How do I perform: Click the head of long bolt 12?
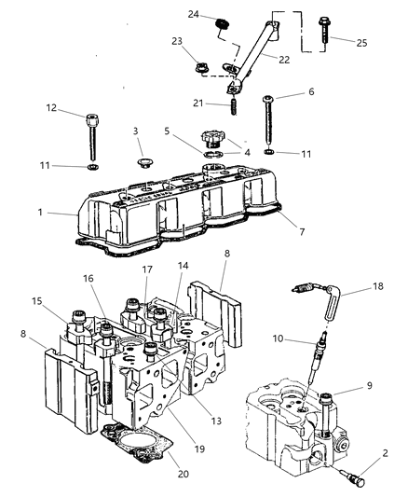click(92, 118)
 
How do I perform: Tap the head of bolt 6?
click(270, 98)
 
